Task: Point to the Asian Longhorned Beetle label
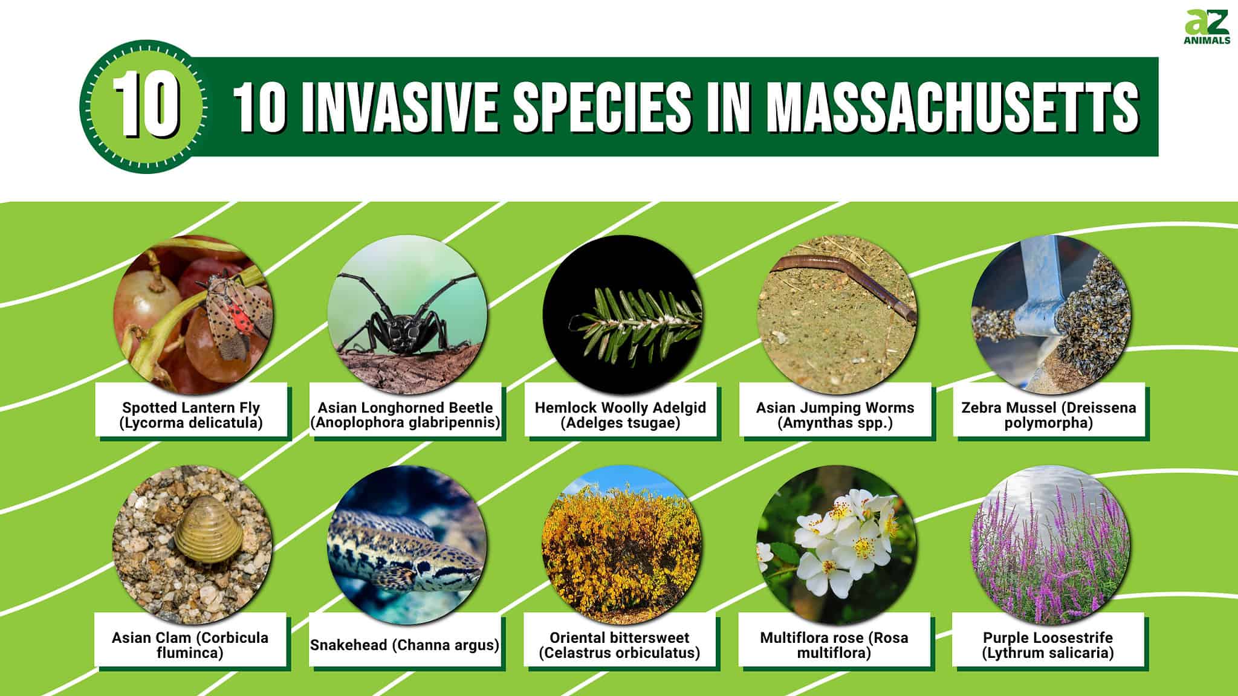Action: tap(406, 415)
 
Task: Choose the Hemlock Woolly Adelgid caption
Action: tap(620, 415)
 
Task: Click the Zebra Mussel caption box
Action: tap(1049, 415)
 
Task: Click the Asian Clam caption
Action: tap(190, 645)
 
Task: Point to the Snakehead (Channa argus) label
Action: tap(404, 645)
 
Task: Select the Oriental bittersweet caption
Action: tap(620, 645)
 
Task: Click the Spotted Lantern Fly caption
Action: tap(191, 415)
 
